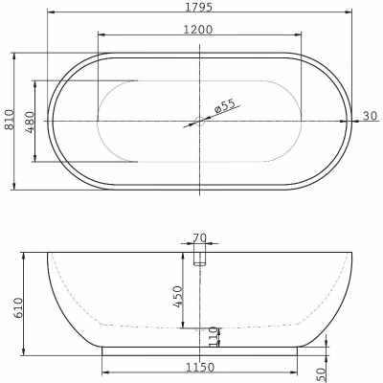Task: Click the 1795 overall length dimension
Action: point(198,6)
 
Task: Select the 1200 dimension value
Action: point(198,30)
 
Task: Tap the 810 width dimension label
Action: point(10,120)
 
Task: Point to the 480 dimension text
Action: point(30,122)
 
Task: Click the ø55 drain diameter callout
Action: point(225,105)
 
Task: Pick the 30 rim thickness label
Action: point(371,116)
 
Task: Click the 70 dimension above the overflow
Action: point(200,237)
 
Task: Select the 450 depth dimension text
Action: point(178,297)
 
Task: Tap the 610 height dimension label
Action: point(18,307)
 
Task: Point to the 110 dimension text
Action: point(214,337)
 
